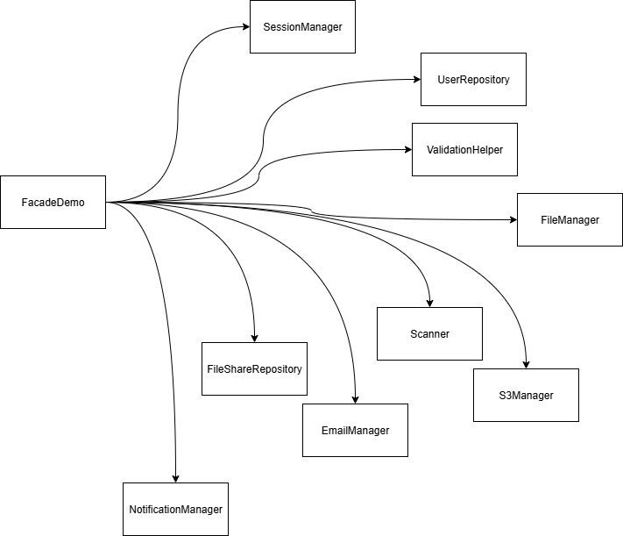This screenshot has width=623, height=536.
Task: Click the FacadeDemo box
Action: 53,202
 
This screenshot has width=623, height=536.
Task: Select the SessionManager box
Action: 302,26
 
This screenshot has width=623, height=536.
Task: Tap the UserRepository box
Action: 473,79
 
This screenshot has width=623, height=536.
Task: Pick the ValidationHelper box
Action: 464,148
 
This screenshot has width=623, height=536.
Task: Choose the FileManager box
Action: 570,219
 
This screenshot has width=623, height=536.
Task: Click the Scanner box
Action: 429,333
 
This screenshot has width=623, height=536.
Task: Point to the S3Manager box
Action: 526,395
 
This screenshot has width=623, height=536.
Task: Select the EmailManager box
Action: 355,430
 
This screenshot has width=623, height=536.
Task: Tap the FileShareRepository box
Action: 254,368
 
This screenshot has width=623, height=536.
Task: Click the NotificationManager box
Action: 175,509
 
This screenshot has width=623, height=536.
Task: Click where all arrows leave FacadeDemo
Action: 107,202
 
